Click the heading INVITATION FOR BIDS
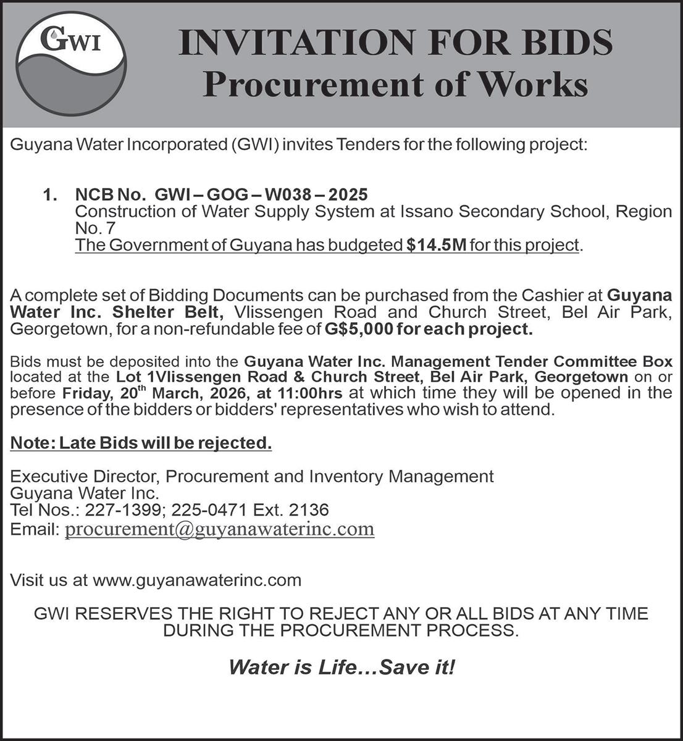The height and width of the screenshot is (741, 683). point(395,44)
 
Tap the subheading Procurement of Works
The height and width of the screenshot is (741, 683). point(395,85)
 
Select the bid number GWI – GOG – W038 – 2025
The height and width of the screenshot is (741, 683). point(261,195)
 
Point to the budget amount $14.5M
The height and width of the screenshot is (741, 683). point(437,245)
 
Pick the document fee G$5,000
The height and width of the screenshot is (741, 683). point(359,329)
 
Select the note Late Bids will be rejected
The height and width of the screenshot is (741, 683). point(141,443)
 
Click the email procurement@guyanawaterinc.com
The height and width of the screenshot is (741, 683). point(219,529)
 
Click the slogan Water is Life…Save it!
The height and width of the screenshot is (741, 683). point(341,667)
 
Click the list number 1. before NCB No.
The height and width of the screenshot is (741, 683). point(51,195)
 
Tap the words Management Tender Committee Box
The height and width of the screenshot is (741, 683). point(532,361)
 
